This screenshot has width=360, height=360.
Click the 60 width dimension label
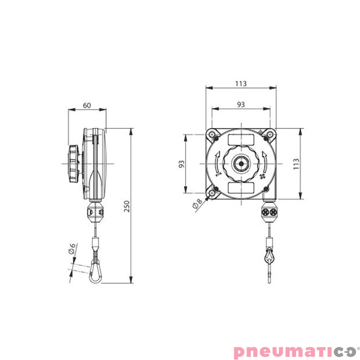click(87, 105)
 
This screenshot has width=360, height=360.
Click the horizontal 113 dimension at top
click(241, 84)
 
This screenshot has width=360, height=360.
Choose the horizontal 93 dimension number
click(241, 104)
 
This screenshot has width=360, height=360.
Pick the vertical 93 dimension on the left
click(182, 163)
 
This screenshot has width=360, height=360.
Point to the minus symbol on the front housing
click(218, 171)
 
